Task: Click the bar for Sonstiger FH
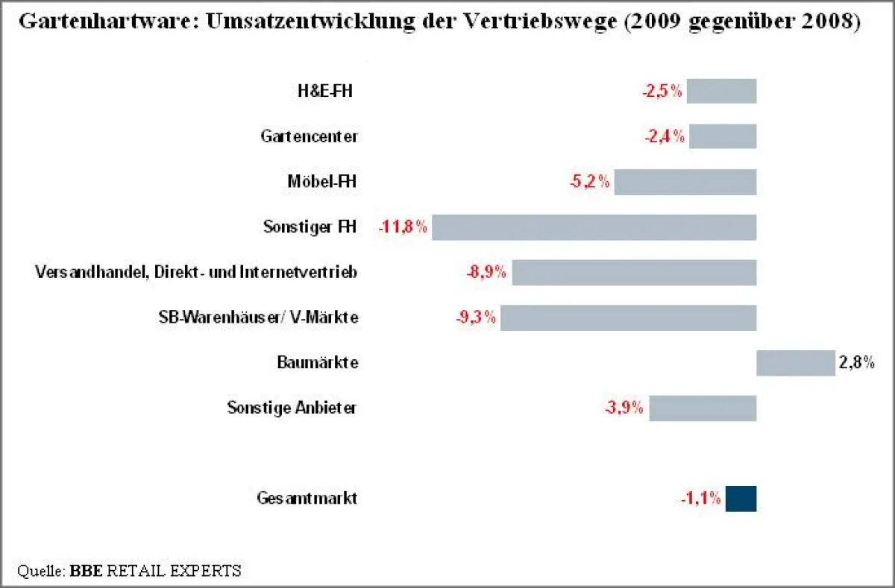pyautogui.click(x=594, y=227)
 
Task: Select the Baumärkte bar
pyautogui.click(x=795, y=363)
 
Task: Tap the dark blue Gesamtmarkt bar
pyautogui.click(x=741, y=499)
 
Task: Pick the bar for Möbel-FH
pyautogui.click(x=685, y=182)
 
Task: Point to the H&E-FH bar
pyautogui.click(x=721, y=92)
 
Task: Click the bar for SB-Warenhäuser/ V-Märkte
pyautogui.click(x=628, y=317)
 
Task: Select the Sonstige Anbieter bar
pyautogui.click(x=703, y=408)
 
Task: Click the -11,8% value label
pyautogui.click(x=403, y=227)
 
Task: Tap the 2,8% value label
pyautogui.click(x=856, y=363)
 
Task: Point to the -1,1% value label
pyautogui.click(x=700, y=499)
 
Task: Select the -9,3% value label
pyautogui.click(x=476, y=317)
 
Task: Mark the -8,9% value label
pyautogui.click(x=486, y=273)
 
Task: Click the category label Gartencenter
pyautogui.click(x=309, y=137)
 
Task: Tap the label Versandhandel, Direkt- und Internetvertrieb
pyautogui.click(x=196, y=273)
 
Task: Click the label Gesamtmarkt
pyautogui.click(x=307, y=499)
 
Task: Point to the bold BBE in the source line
pyautogui.click(x=87, y=572)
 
